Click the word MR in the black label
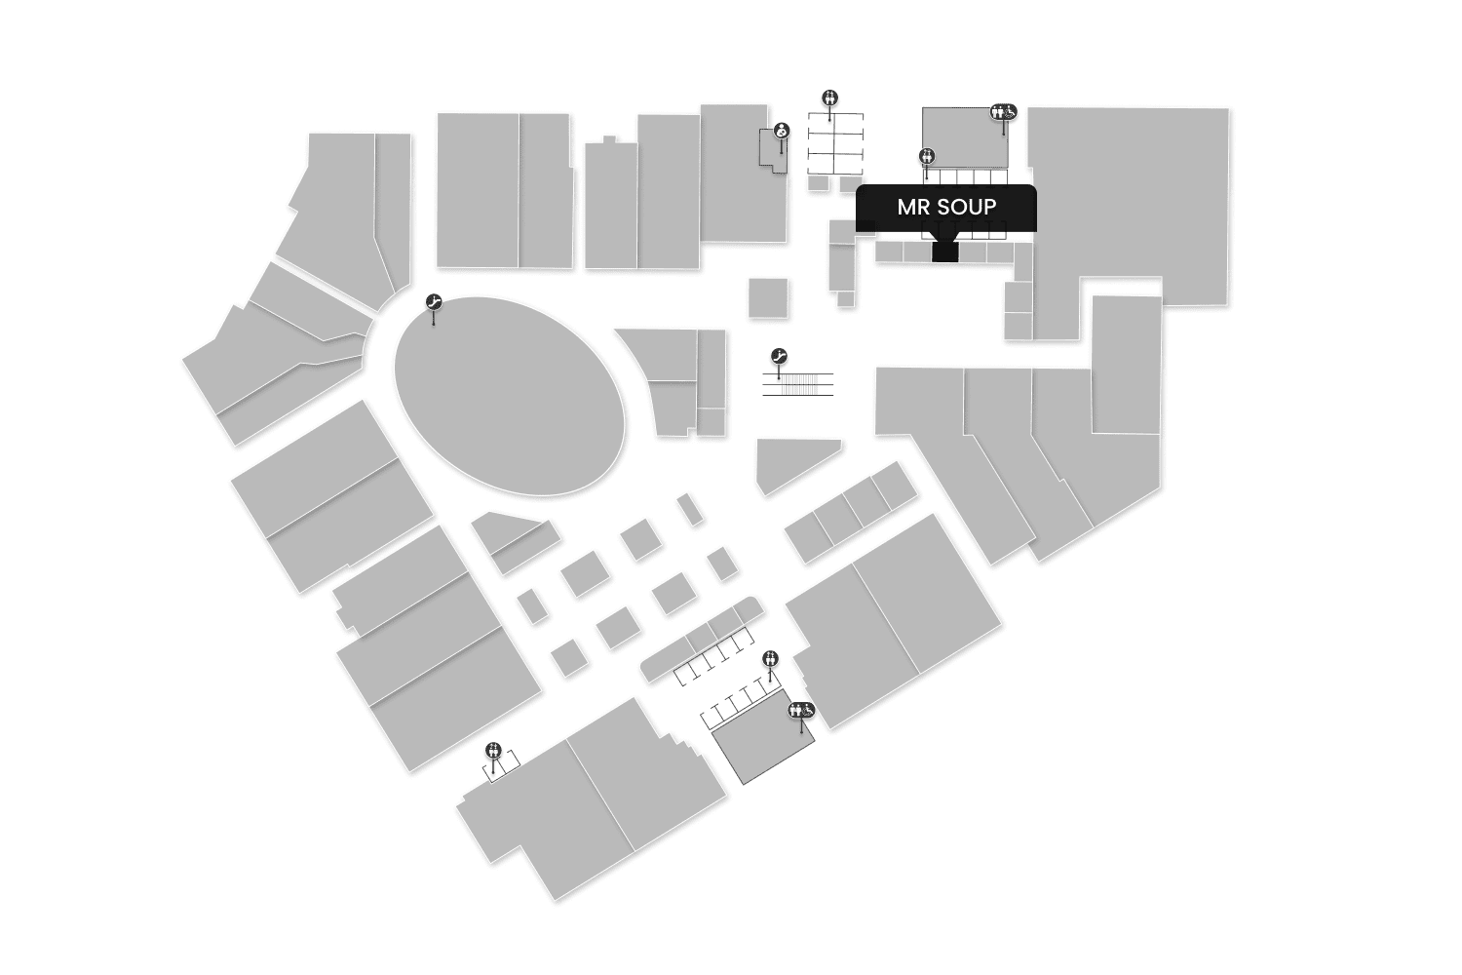(914, 208)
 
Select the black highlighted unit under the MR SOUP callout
(944, 251)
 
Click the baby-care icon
(782, 131)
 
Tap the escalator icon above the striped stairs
(779, 357)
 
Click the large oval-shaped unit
(509, 396)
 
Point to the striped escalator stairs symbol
(798, 384)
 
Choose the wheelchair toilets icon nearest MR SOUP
(1004, 112)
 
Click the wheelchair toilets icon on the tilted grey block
(802, 710)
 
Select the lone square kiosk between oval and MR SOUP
(768, 297)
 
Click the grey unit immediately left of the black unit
(916, 252)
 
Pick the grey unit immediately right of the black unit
(973, 252)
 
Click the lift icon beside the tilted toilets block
(771, 658)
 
